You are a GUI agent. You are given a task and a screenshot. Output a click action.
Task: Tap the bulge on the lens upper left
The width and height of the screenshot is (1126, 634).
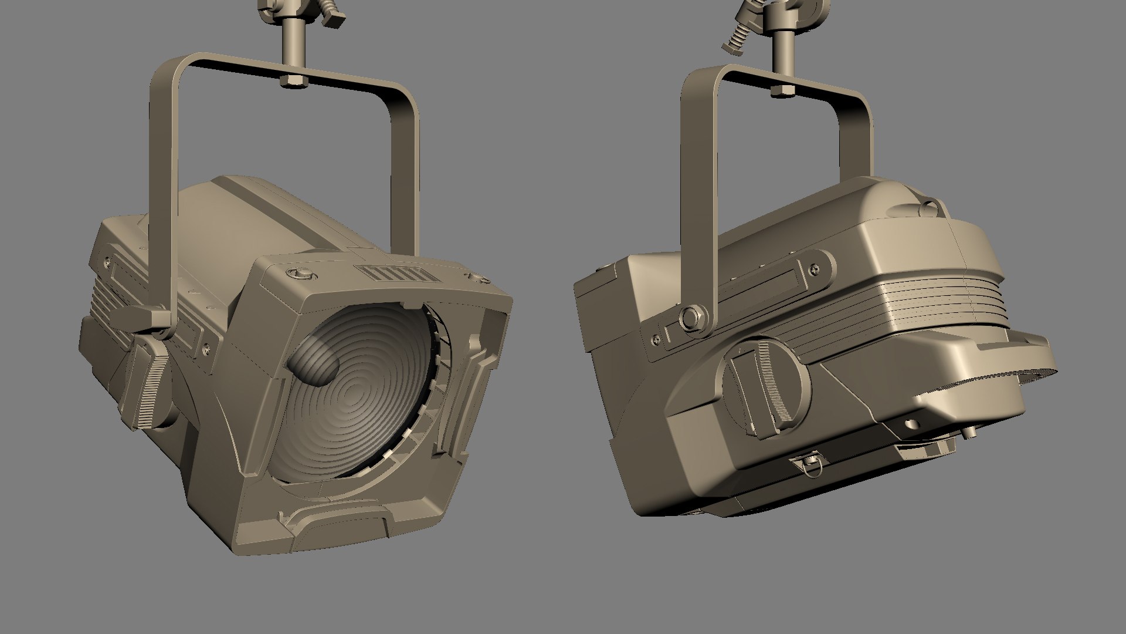click(315, 362)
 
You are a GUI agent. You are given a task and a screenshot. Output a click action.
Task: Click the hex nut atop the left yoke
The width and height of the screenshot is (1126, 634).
click(292, 81)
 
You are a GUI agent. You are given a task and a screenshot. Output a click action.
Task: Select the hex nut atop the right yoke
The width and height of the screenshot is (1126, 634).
click(781, 90)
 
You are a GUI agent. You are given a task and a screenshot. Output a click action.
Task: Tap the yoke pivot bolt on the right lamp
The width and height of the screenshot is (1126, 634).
click(690, 317)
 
